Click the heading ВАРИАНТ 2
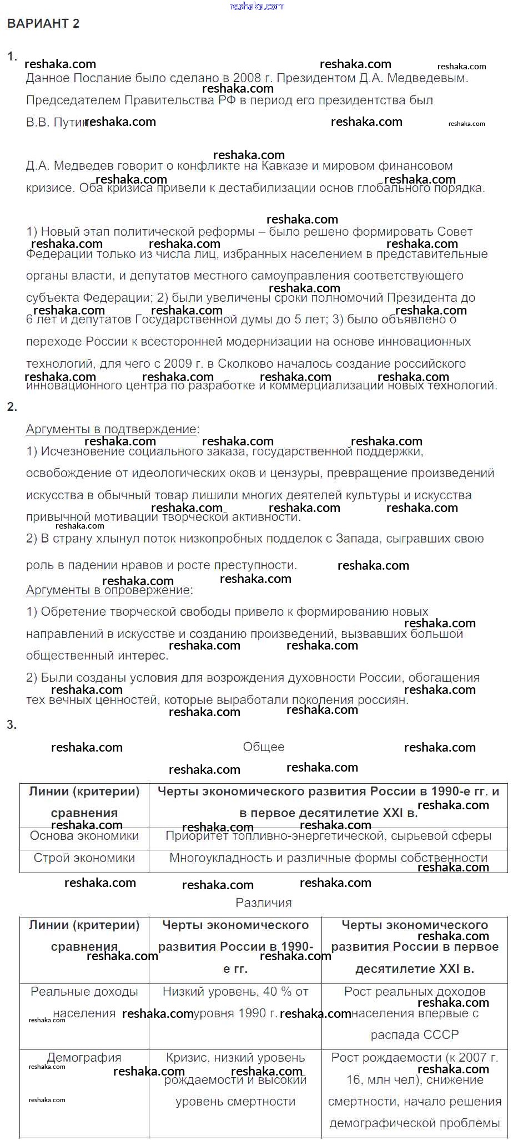point(43,23)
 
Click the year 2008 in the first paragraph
point(247,78)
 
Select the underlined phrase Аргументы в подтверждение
point(111,429)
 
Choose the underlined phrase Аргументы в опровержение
point(108,590)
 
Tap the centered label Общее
point(264,747)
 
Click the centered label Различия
point(264,902)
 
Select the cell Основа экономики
point(84,836)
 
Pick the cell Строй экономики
point(84,858)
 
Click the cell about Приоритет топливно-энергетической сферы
point(328,836)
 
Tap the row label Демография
point(84,1058)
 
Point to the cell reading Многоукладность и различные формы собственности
point(328,858)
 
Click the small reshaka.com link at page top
point(256,6)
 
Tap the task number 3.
point(11,724)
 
